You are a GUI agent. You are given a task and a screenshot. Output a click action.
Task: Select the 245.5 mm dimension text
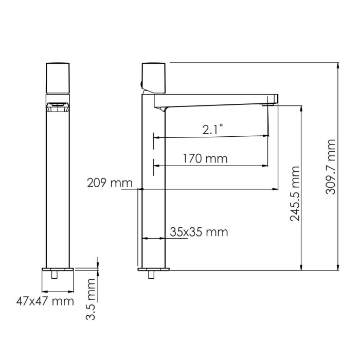(x=295, y=193)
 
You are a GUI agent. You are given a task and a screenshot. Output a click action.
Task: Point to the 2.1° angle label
(x=212, y=130)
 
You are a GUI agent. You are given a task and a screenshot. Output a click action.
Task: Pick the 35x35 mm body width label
(x=199, y=232)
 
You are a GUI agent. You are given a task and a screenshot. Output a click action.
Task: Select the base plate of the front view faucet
(x=58, y=269)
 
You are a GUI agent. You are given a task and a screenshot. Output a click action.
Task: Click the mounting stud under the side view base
(x=151, y=275)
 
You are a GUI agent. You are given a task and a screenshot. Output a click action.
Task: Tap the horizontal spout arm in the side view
(x=216, y=100)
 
